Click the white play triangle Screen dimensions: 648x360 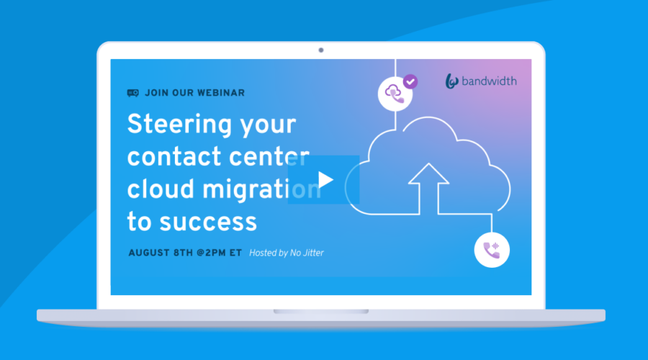(325, 180)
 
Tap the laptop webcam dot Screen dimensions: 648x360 (321, 50)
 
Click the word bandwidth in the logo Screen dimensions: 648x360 (489, 81)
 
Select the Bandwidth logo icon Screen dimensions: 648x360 (451, 81)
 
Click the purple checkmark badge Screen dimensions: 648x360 (410, 82)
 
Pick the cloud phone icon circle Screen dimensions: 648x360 (395, 94)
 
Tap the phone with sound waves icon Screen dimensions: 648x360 (492, 250)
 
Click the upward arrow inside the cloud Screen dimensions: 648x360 (428, 189)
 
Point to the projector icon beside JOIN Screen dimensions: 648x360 (132, 93)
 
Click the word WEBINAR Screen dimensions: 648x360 (220, 93)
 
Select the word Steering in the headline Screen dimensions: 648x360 (179, 125)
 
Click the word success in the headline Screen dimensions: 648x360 (208, 222)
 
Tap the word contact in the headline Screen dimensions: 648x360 (174, 157)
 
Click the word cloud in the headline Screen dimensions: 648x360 (161, 189)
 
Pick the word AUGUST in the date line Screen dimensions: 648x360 (148, 253)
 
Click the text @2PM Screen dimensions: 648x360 (210, 253)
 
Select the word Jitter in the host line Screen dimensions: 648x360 (313, 253)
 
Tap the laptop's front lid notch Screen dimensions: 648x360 (321, 312)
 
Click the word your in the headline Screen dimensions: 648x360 (269, 126)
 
